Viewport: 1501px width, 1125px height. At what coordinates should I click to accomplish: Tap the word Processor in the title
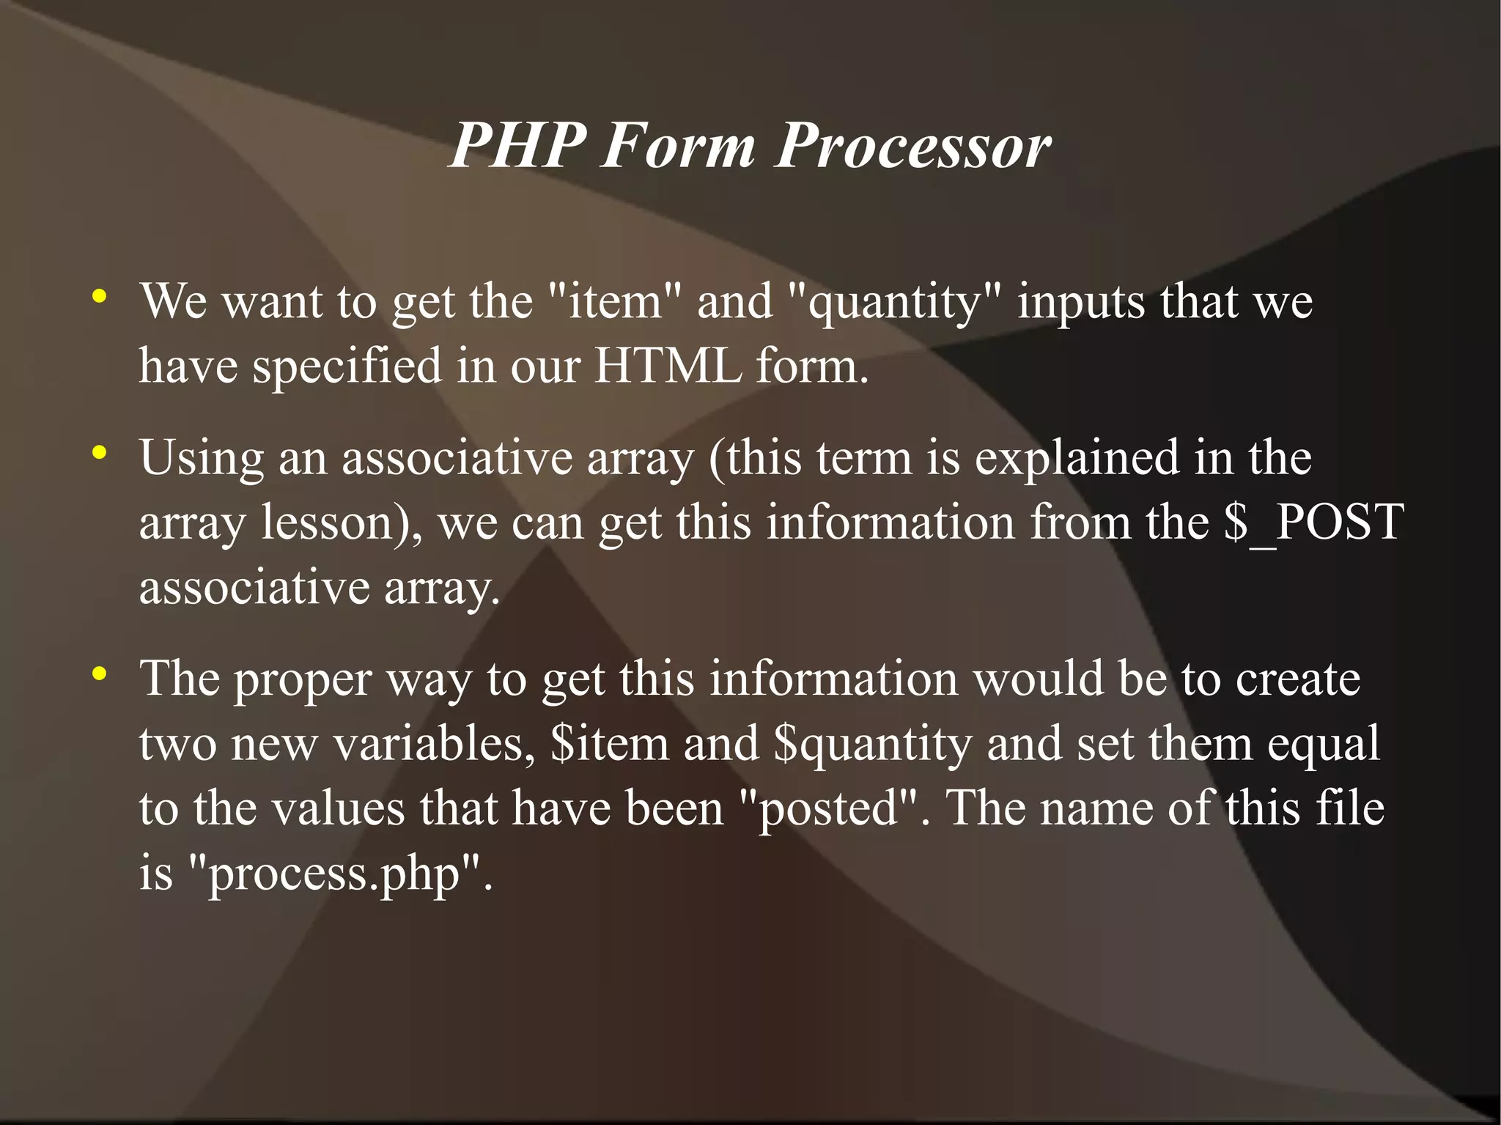click(x=913, y=145)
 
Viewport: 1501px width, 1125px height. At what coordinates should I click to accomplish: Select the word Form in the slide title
click(x=678, y=145)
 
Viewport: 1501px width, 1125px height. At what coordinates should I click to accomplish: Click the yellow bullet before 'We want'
click(x=100, y=297)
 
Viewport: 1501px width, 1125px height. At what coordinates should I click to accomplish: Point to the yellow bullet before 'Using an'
click(x=100, y=453)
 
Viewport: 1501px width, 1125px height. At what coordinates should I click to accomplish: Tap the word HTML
click(x=668, y=365)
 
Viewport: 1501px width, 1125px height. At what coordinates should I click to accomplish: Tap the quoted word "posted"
click(x=828, y=809)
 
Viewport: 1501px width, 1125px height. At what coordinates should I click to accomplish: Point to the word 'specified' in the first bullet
click(x=347, y=366)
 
